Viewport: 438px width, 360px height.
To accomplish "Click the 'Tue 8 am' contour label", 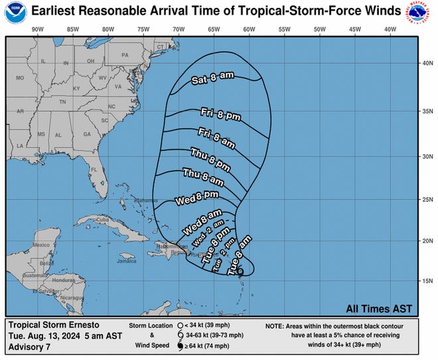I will pos(240,255).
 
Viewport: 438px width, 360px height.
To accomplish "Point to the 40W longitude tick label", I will pos(390,29).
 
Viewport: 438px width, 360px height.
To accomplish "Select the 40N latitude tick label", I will pos(428,64).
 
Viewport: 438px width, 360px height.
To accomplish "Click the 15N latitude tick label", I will pos(428,282).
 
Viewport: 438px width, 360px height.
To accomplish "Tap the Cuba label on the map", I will pos(101,220).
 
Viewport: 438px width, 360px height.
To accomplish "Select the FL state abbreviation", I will pos(95,169).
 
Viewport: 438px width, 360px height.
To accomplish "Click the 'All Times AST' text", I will pos(379,308).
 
